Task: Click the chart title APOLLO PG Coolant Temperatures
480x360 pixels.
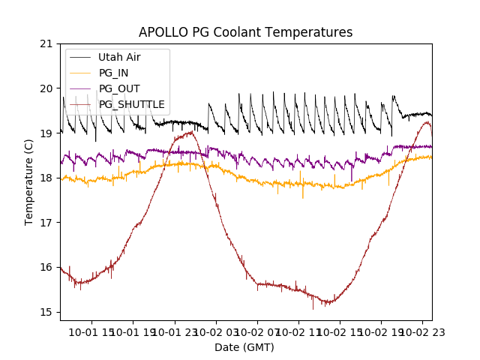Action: tap(245, 33)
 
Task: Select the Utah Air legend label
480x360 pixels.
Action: tap(119, 57)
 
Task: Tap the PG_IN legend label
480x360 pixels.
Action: tap(114, 73)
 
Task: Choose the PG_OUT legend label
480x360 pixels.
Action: tap(119, 88)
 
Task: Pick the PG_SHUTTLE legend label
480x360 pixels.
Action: tap(131, 104)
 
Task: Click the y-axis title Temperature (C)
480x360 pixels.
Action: tap(29, 181)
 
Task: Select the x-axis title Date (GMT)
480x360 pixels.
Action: tap(244, 347)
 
